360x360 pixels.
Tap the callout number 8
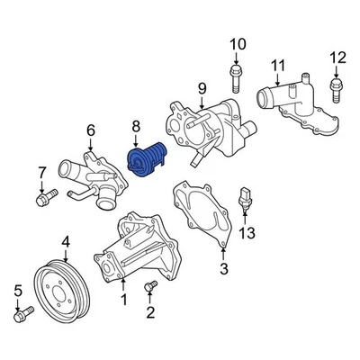(x=136, y=127)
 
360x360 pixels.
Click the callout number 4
(x=66, y=240)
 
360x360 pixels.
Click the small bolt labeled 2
(x=149, y=288)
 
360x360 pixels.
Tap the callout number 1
(x=123, y=299)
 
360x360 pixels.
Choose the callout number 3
(x=224, y=267)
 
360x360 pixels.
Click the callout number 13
(x=247, y=233)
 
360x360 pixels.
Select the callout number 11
(x=278, y=64)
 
